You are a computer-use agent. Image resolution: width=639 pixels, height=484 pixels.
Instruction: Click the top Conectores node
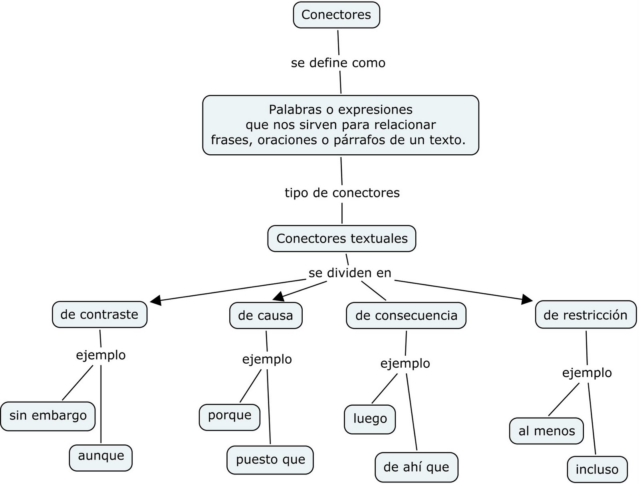pos(336,15)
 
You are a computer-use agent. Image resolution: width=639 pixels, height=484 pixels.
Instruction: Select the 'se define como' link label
pos(338,63)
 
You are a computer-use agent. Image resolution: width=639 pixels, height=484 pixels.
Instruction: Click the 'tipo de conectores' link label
pos(342,193)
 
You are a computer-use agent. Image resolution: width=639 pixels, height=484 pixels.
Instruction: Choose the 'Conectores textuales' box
pos(341,239)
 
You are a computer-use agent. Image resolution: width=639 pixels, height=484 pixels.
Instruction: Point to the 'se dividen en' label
pos(350,273)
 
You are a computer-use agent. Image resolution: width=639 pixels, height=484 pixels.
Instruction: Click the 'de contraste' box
pos(99,315)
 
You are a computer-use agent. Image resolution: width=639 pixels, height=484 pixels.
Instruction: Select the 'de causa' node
pos(266,315)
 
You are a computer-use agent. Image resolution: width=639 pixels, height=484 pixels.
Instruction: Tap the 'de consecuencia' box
pos(406,315)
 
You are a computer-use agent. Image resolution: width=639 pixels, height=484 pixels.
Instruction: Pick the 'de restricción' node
pos(585,315)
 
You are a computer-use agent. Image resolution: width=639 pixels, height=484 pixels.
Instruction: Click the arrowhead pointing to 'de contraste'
pos(156,300)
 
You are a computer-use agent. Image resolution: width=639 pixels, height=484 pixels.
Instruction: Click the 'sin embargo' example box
pos(48,416)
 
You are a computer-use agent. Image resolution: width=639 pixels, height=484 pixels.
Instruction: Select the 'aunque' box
pos(101,456)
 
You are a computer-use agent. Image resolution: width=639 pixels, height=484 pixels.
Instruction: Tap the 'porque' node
pos(230,415)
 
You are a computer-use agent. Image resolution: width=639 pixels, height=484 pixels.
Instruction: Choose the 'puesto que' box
pos(270,459)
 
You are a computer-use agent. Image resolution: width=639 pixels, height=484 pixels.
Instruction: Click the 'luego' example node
pos(370,419)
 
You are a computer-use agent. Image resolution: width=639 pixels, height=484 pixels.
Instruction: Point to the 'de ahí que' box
pos(416,467)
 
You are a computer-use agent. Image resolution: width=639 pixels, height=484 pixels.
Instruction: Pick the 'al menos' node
pos(546,431)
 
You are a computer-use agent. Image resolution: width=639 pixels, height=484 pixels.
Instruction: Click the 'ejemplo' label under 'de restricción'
pos(587,373)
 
